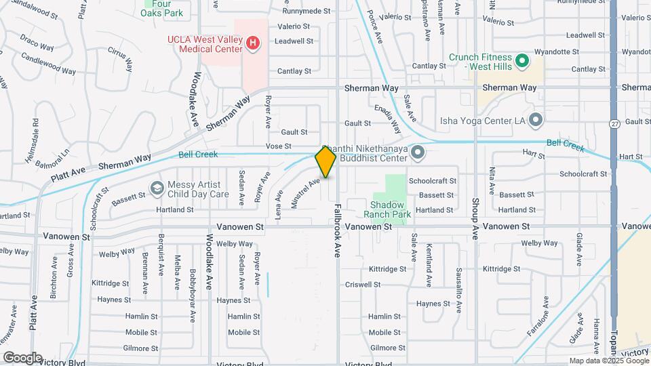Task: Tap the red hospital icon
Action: pos(253,44)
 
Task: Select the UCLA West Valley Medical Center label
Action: pos(205,44)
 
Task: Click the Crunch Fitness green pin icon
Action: pos(522,62)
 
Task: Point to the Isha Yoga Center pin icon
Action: pos(536,121)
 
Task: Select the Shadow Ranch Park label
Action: pos(388,209)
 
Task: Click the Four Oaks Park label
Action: pos(163,8)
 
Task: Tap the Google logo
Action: pos(22,357)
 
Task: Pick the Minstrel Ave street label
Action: pos(304,193)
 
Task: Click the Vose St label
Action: pos(278,146)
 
